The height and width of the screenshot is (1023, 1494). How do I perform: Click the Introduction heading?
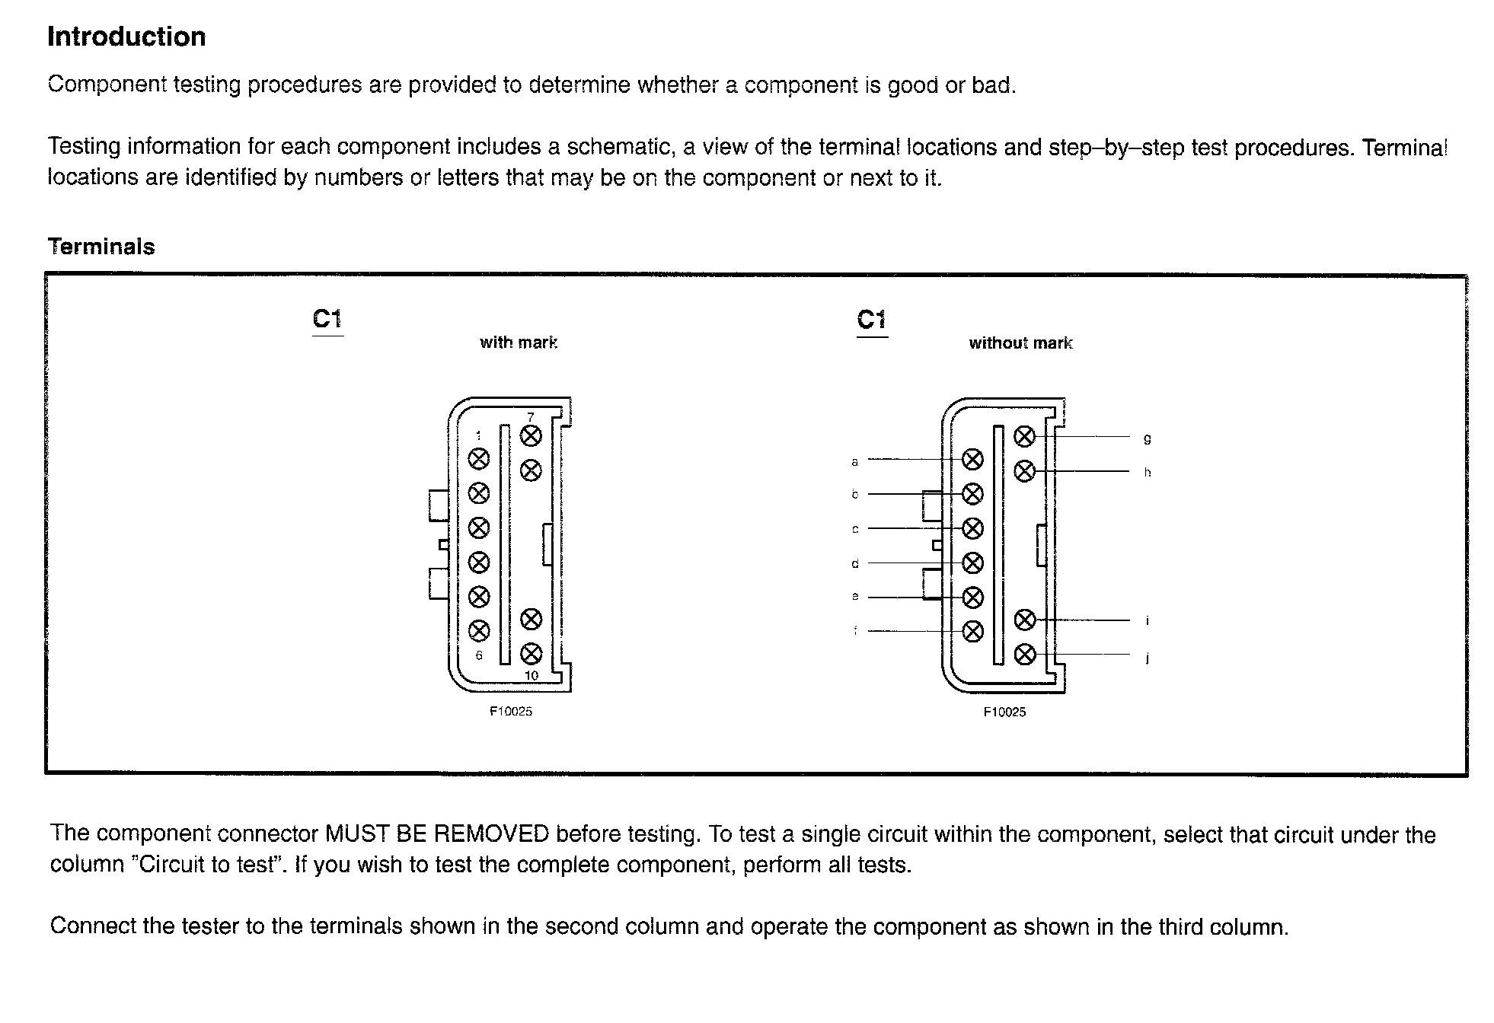(126, 37)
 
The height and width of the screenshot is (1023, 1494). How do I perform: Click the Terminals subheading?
(101, 247)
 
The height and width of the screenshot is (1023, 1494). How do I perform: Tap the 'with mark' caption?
(519, 343)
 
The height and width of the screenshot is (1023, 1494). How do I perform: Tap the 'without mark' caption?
(1020, 343)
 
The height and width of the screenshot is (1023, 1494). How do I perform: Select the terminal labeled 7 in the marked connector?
(531, 436)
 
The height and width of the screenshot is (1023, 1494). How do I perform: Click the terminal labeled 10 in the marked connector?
(531, 654)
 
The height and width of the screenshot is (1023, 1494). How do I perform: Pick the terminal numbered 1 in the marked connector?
(478, 459)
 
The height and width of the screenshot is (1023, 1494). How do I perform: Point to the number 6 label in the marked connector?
(479, 655)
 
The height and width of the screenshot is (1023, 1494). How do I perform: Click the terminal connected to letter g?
(1025, 437)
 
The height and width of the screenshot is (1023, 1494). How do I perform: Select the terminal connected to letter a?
(972, 460)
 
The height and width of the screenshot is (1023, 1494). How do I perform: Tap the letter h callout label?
(1148, 473)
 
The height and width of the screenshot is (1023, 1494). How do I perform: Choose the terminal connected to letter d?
(972, 563)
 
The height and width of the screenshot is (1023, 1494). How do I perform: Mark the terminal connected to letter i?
(1025, 620)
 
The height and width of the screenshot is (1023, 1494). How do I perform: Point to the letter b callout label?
(855, 495)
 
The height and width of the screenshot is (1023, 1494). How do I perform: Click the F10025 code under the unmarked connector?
(1004, 712)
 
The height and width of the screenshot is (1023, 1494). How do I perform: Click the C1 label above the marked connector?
(327, 319)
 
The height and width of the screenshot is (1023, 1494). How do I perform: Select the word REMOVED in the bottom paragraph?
(491, 834)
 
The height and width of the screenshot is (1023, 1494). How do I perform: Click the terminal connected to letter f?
(972, 631)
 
